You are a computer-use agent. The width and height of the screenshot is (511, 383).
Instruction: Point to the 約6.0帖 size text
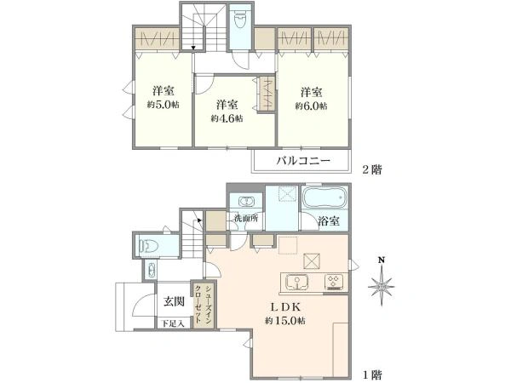[310, 106]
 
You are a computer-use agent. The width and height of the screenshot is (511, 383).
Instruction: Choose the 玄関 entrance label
[174, 301]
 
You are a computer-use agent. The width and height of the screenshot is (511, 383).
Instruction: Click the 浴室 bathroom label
[329, 220]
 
